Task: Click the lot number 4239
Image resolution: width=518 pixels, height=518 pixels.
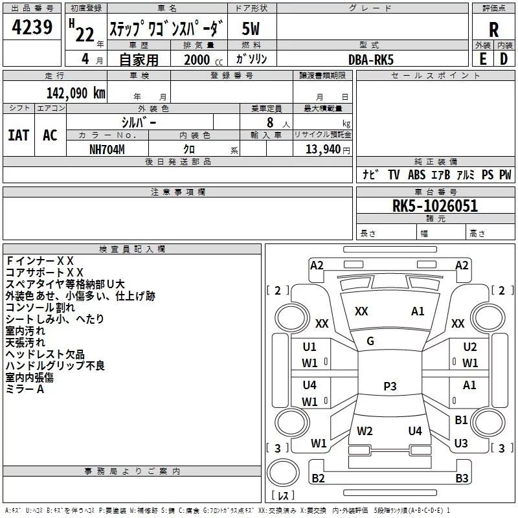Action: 33,28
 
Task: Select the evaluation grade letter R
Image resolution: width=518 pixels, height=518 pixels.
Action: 494,29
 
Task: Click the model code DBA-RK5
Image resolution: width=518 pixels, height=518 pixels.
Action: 371,59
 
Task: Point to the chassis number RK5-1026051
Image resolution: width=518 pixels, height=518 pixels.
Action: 435,206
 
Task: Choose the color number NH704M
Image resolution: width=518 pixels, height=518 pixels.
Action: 107,149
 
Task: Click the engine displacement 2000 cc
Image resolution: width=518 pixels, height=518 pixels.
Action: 201,60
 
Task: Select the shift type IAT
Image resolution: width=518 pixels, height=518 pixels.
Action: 18,135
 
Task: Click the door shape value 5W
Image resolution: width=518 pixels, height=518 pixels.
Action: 251,28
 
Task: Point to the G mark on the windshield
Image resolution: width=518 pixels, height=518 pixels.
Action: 370,341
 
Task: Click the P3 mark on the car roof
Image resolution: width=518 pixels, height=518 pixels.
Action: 390,387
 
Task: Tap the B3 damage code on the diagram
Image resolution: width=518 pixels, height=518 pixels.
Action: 462,479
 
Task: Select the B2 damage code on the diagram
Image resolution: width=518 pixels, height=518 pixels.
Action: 318,479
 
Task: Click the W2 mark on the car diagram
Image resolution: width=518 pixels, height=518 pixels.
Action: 365,431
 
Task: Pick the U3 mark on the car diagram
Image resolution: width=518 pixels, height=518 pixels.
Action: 461,443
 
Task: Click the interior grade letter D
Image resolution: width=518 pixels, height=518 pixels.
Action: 503,59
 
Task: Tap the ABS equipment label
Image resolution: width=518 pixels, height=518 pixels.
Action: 416,175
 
